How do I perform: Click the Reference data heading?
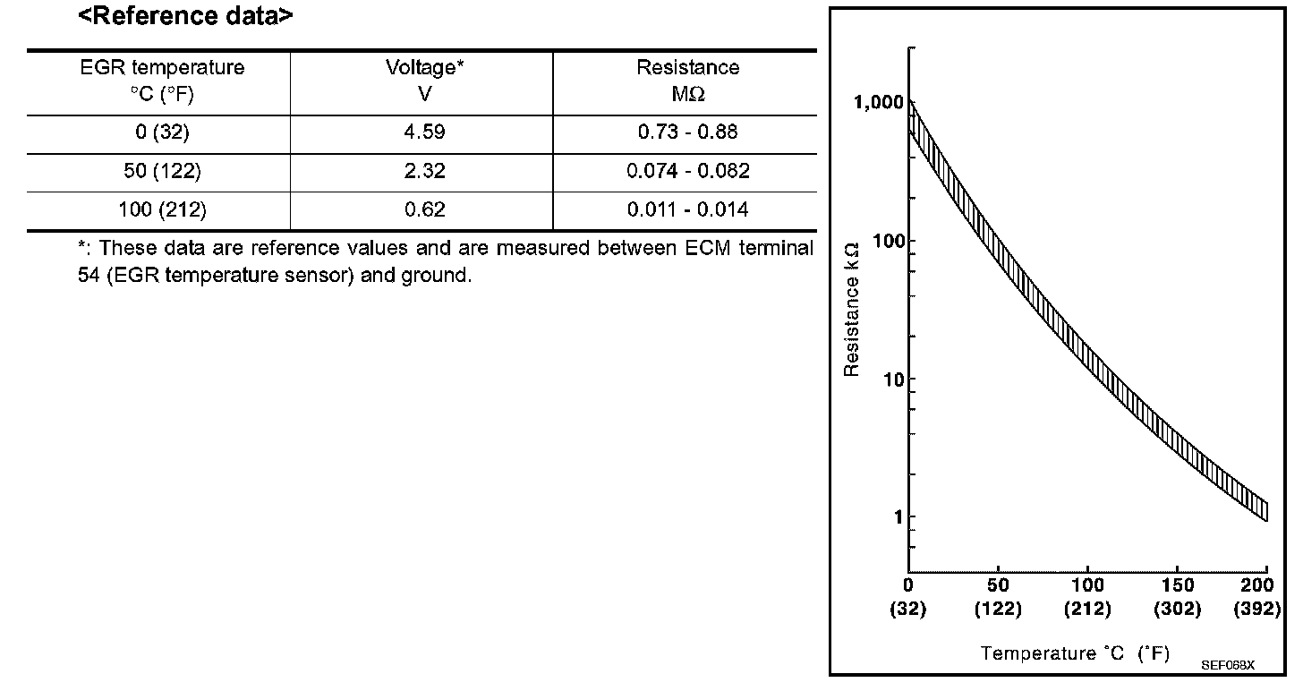185,15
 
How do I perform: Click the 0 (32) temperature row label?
162,133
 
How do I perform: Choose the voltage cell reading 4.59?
424,133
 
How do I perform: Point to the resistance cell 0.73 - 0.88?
687,133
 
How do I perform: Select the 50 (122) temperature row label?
162,172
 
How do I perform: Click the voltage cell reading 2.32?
424,172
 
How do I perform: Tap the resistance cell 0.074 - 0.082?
687,172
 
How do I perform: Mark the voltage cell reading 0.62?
424,211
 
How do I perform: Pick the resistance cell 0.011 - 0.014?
687,211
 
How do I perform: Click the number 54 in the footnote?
89,276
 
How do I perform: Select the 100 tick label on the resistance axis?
883,241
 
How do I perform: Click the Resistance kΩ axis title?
853,308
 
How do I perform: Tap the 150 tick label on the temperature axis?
1177,586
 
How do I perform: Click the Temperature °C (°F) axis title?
1075,653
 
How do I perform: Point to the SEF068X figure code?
1229,666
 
